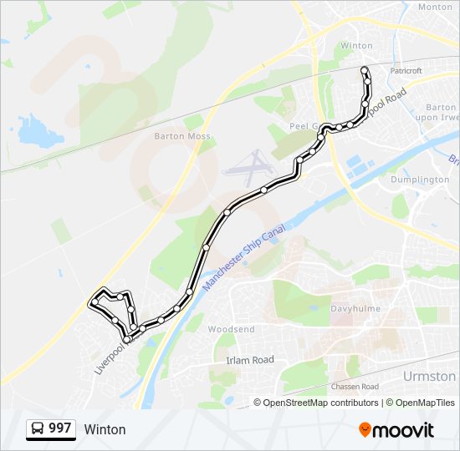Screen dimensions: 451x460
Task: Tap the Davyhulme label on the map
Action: pos(355,309)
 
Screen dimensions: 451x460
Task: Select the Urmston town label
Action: pos(429,376)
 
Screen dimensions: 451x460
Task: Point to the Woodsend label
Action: pos(231,330)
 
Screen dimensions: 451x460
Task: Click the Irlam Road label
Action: pos(250,359)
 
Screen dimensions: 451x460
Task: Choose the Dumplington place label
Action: pos(420,180)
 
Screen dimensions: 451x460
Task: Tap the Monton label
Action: pos(434,7)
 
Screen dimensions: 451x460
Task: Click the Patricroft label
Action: pos(406,71)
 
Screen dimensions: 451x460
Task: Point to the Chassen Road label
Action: pos(355,387)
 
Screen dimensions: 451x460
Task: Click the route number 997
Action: pos(59,428)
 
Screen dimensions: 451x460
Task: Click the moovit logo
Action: pos(396,430)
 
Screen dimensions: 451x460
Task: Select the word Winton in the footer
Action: pos(105,429)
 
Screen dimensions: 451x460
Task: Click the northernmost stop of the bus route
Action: pos(363,69)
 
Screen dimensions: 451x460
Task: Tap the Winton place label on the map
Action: pos(357,46)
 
